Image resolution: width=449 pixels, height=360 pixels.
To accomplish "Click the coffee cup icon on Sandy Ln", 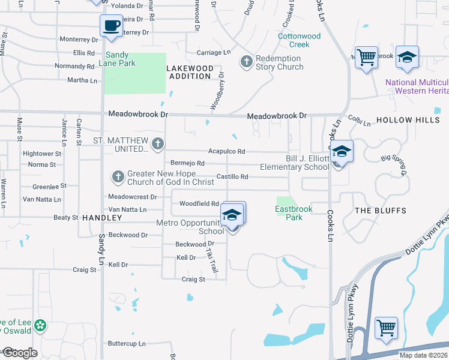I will pos(110,26).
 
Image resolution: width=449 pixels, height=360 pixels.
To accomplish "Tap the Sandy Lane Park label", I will pos(121,58).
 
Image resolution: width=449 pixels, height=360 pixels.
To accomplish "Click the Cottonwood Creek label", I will pos(300,40).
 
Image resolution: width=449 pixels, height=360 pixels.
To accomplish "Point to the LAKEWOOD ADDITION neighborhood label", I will pos(191,72).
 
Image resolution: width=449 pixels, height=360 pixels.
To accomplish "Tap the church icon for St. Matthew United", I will pos(158,143).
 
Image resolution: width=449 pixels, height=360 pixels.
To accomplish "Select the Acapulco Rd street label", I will pos(226,152).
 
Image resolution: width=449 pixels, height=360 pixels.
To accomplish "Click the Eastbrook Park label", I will pos(289,213).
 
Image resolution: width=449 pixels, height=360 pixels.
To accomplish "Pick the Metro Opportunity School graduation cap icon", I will pos(232,215).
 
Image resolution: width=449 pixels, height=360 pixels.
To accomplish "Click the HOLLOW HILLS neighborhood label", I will pos(408,120).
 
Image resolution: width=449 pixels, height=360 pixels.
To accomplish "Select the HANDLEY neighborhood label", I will pos(98,217).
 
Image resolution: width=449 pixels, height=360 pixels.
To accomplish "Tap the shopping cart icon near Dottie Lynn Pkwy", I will pos(386,328).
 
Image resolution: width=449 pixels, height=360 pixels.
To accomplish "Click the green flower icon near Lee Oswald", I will pos(40,326).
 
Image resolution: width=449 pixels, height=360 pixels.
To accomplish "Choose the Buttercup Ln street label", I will pos(127,344).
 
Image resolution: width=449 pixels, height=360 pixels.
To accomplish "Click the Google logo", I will pos(19,353).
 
